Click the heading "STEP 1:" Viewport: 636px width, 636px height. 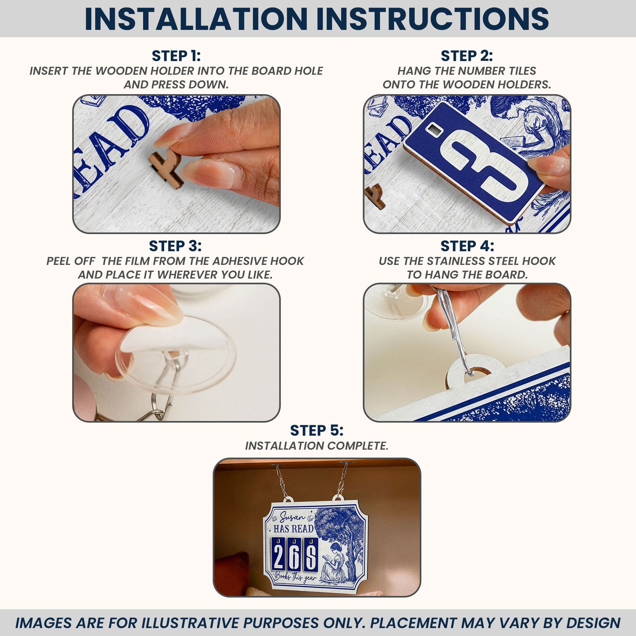(x=176, y=56)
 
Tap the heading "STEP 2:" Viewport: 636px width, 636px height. (x=467, y=56)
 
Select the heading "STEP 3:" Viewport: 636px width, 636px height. (x=175, y=246)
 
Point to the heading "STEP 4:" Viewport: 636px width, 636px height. (x=467, y=246)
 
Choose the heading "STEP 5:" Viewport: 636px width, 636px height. (x=317, y=431)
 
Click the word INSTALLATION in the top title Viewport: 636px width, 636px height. (x=196, y=18)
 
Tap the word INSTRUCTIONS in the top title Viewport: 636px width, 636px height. (x=433, y=18)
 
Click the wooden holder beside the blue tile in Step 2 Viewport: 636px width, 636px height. (x=375, y=197)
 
